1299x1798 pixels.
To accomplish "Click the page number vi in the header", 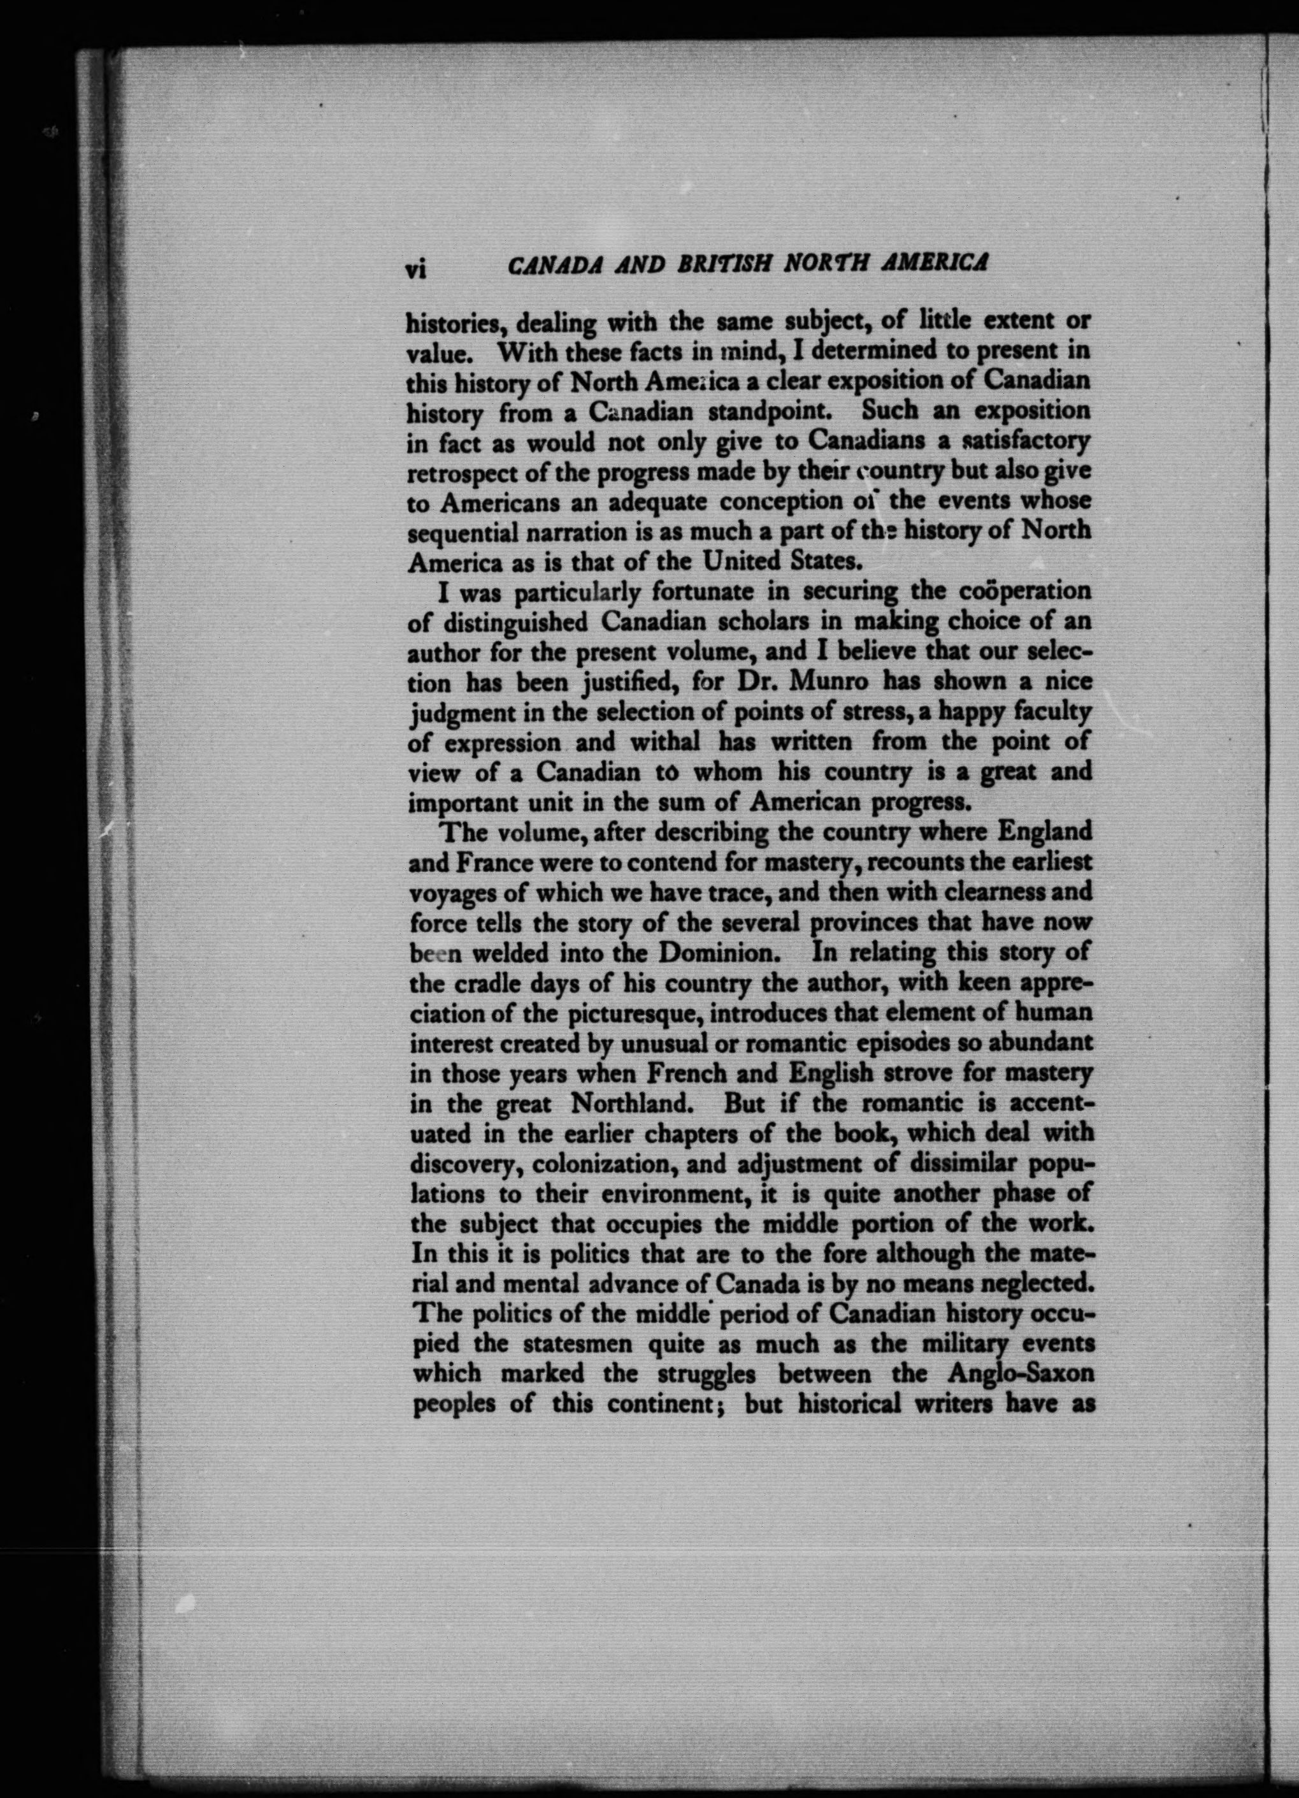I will [416, 270].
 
